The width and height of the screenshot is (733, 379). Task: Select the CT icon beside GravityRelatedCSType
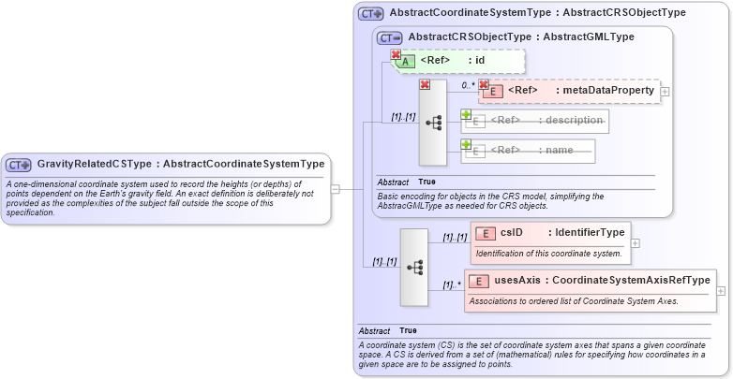click(x=19, y=165)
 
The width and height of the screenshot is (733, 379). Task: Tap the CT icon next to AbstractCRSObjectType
click(x=390, y=37)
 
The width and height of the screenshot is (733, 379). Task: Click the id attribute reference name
click(x=479, y=61)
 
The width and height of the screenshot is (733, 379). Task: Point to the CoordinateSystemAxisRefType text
click(x=631, y=280)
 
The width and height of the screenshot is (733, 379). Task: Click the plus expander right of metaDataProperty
click(x=665, y=92)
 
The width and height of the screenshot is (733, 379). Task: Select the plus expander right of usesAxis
click(x=720, y=291)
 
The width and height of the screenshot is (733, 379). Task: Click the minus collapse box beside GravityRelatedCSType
click(x=336, y=188)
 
